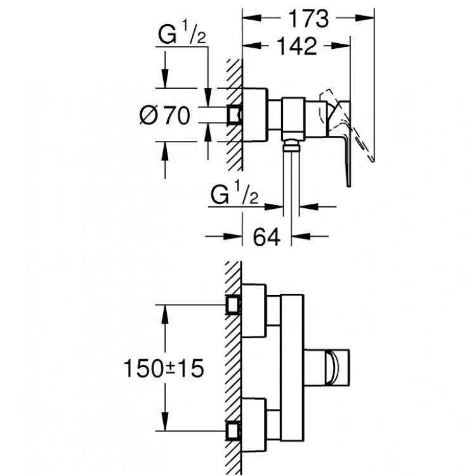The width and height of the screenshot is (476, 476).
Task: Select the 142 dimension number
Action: pyautogui.click(x=296, y=46)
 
